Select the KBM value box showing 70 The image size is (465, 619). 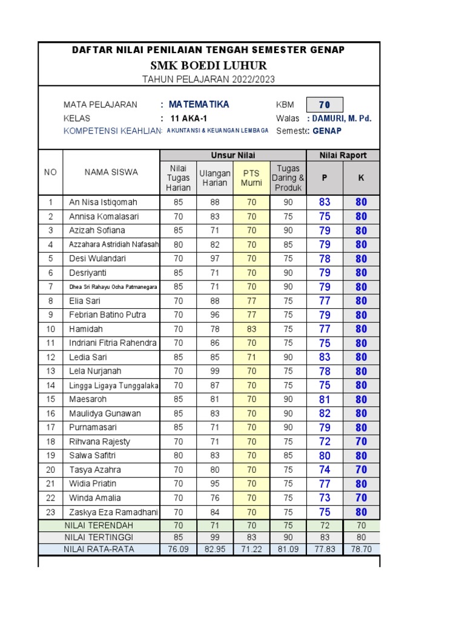point(325,105)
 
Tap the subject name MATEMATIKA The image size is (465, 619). point(199,105)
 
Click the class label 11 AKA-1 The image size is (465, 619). point(189,118)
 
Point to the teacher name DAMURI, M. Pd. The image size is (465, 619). point(341,118)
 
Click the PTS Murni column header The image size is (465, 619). point(251,178)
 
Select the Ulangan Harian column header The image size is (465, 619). point(215,178)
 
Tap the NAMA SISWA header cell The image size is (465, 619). point(111,172)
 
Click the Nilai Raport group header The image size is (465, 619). point(343,155)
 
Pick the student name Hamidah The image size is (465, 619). point(87,329)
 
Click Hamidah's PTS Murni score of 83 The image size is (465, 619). point(251,329)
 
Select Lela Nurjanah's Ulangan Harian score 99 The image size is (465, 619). point(215,371)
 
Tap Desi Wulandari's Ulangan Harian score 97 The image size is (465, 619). point(215,259)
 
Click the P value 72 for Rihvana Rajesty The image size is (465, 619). point(325,442)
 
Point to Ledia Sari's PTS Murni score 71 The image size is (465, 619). point(251,357)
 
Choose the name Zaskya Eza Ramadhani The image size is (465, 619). point(113,512)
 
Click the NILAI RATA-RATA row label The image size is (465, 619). point(99,549)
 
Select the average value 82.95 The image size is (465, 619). point(215,549)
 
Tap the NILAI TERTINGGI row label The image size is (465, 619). point(99,537)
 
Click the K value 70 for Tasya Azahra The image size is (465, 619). point(361,470)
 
